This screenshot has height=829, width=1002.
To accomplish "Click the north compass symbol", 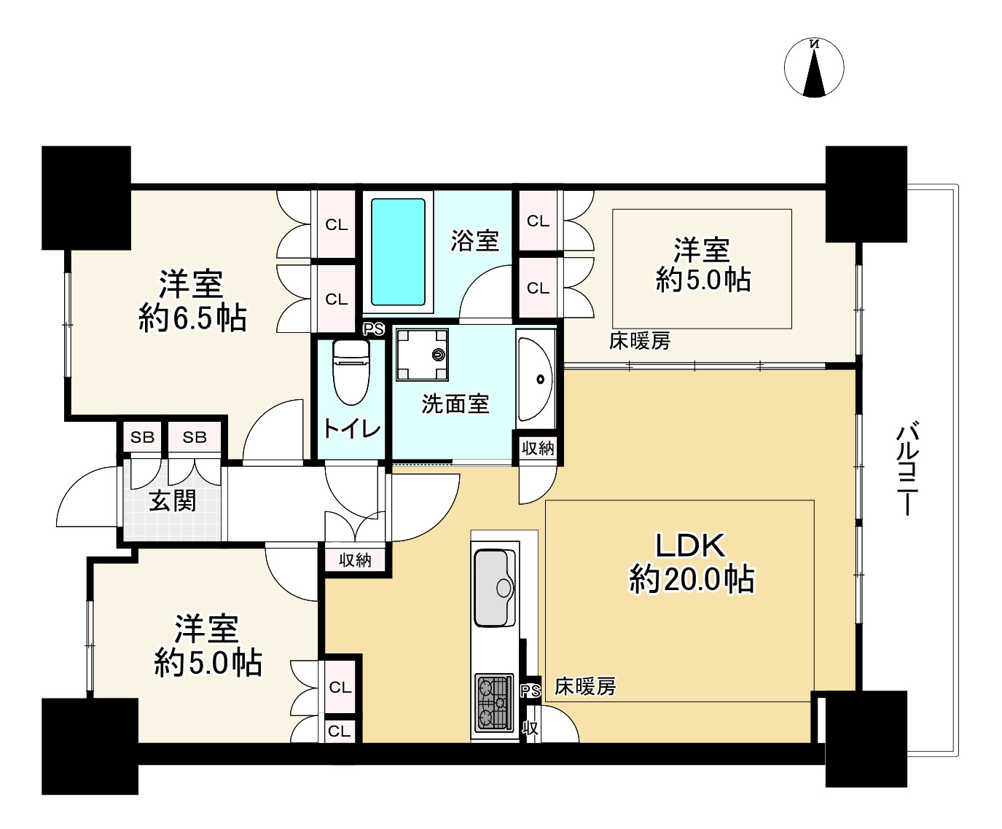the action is (814, 68).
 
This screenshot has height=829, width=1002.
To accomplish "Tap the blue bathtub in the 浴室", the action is (398, 252).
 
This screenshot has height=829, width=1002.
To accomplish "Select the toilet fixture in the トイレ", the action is (351, 372).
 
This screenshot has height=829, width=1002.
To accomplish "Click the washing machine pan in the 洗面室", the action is (422, 355).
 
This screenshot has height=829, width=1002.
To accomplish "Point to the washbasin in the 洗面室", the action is (535, 379).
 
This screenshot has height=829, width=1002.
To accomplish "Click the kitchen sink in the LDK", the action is (495, 588).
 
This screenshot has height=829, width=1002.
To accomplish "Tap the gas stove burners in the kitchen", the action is (494, 704).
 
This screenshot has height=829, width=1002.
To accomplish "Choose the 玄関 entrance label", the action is (173, 501).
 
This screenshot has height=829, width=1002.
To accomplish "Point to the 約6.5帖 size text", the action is (192, 318).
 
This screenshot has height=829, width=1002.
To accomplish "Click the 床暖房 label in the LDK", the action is (585, 687).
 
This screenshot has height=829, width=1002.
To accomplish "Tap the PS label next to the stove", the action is (531, 691).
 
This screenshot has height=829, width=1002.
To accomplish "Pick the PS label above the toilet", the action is (373, 329).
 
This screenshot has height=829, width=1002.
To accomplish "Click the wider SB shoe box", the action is (195, 437).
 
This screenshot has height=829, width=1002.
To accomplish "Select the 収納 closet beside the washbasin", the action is (538, 448).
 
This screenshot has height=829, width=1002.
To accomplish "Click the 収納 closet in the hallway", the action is (355, 559).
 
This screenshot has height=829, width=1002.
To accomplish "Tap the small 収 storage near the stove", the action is (531, 728).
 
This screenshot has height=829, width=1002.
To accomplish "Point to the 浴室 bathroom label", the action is (474, 241).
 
